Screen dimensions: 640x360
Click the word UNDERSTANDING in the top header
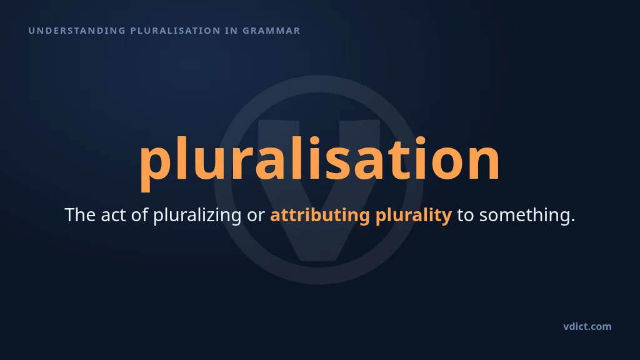coord(77,31)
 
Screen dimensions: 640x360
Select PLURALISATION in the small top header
coord(176,31)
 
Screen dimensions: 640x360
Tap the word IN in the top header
coord(231,31)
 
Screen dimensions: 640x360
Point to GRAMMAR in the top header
coord(271,31)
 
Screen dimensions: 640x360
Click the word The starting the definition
coord(80,215)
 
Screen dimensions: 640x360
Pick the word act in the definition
coord(113,215)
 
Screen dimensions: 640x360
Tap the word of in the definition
coord(139,215)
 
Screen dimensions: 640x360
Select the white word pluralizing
coord(197,216)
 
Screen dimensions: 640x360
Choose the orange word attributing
coord(320,215)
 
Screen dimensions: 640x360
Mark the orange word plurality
coord(414,216)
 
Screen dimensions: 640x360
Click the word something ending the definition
coord(527,216)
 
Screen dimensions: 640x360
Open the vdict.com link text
coord(587,326)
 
